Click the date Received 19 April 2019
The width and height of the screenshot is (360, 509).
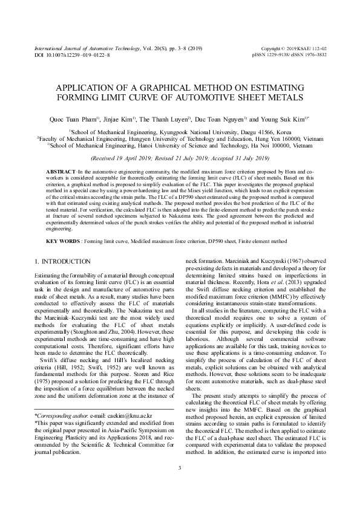pyautogui.click(x=125, y=159)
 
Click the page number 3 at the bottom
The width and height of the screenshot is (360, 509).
pyautogui.click(x=180, y=485)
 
